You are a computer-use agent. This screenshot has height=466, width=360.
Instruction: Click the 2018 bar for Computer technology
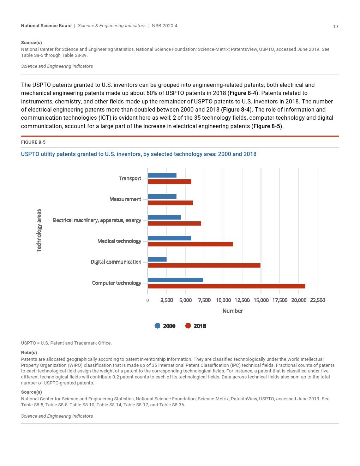coord(226,286)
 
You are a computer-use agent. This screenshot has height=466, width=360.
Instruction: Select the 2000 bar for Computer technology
coord(175,280)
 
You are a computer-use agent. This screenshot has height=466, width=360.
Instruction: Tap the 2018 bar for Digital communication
coord(204,265)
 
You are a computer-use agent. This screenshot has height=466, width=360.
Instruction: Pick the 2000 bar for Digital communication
coord(157,259)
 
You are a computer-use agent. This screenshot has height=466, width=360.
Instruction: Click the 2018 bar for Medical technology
coord(190,244)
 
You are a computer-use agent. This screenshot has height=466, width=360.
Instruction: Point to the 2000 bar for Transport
coord(162,175)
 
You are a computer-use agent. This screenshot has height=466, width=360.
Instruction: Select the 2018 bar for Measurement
coord(170,203)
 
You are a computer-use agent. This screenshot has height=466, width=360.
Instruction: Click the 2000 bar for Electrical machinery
coord(164,217)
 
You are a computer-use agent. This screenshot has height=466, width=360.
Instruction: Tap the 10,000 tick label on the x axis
coord(223,300)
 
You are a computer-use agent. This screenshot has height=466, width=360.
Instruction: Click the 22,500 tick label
coord(318,300)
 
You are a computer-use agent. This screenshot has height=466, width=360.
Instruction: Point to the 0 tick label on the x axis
coord(148,300)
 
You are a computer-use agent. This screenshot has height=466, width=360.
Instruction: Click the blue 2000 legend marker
coord(157,326)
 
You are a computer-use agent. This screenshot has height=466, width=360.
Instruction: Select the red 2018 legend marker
coord(188,326)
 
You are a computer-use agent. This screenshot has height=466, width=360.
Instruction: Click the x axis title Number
coord(233,311)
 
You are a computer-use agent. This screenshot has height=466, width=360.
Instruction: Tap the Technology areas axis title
coord(39,231)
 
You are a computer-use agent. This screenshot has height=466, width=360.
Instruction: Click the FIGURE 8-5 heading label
coord(33,142)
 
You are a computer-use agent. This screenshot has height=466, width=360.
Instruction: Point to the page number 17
coord(336,26)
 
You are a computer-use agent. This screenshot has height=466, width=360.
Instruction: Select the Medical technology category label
coord(119,241)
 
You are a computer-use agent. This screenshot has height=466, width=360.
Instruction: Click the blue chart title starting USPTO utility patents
coord(139,154)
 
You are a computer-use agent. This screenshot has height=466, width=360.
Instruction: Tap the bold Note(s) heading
coord(29,353)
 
